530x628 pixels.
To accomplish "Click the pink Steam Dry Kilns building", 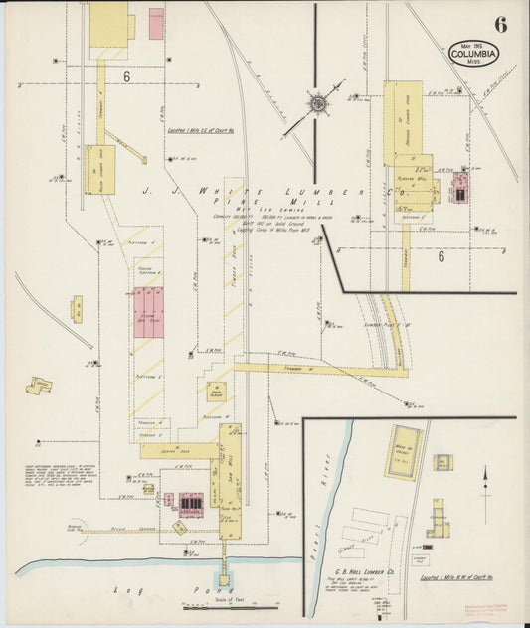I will pyautogui.click(x=149, y=311).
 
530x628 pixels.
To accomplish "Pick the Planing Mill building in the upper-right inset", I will pyautogui.click(x=415, y=180).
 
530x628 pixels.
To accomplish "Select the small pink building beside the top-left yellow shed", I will pyautogui.click(x=156, y=24).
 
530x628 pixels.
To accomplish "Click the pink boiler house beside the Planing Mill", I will pyautogui.click(x=460, y=186).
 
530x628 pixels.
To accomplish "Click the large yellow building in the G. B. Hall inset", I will pyautogui.click(x=404, y=452).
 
